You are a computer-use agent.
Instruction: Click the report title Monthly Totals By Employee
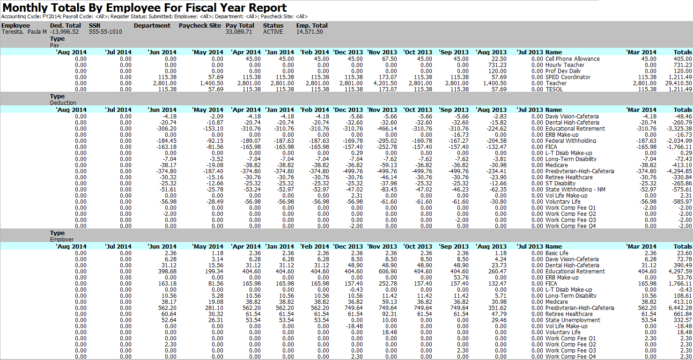[x=145, y=8]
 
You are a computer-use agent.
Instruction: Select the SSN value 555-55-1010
[x=105, y=32]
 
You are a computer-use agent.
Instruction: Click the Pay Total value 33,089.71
[x=239, y=32]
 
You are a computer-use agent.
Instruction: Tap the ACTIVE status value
[x=273, y=32]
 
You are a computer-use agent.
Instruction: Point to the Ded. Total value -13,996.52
[x=64, y=32]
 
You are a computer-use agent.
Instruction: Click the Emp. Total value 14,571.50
[x=310, y=32]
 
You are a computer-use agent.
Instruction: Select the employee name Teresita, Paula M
[x=24, y=32]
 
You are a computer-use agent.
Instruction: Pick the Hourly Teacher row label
[x=565, y=65]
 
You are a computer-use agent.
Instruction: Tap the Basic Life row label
[x=557, y=253]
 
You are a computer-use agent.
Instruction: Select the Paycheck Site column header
[x=199, y=26]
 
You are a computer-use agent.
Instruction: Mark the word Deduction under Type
[x=63, y=103]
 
